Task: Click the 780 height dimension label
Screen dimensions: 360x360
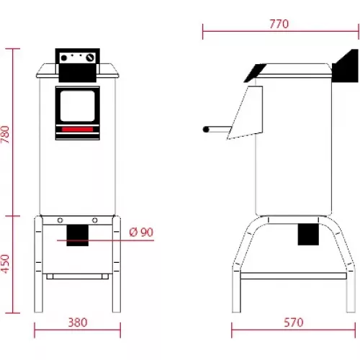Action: click(7, 135)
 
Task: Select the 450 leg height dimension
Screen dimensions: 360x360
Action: click(7, 264)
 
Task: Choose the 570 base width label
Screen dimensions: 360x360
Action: click(293, 322)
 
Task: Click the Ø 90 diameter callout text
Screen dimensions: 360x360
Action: click(140, 232)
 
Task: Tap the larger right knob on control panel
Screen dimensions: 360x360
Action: click(89, 58)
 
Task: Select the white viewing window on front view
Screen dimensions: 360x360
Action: click(78, 106)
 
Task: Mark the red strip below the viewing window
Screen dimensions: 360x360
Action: click(78, 129)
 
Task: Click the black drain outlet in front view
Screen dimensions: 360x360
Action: click(76, 235)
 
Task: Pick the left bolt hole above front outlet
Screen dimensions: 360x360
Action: click(60, 220)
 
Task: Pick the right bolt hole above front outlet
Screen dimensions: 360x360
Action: click(94, 220)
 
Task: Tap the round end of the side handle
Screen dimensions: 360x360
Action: click(206, 130)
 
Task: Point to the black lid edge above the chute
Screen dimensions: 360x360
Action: click(254, 71)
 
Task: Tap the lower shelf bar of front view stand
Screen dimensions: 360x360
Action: click(77, 276)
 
